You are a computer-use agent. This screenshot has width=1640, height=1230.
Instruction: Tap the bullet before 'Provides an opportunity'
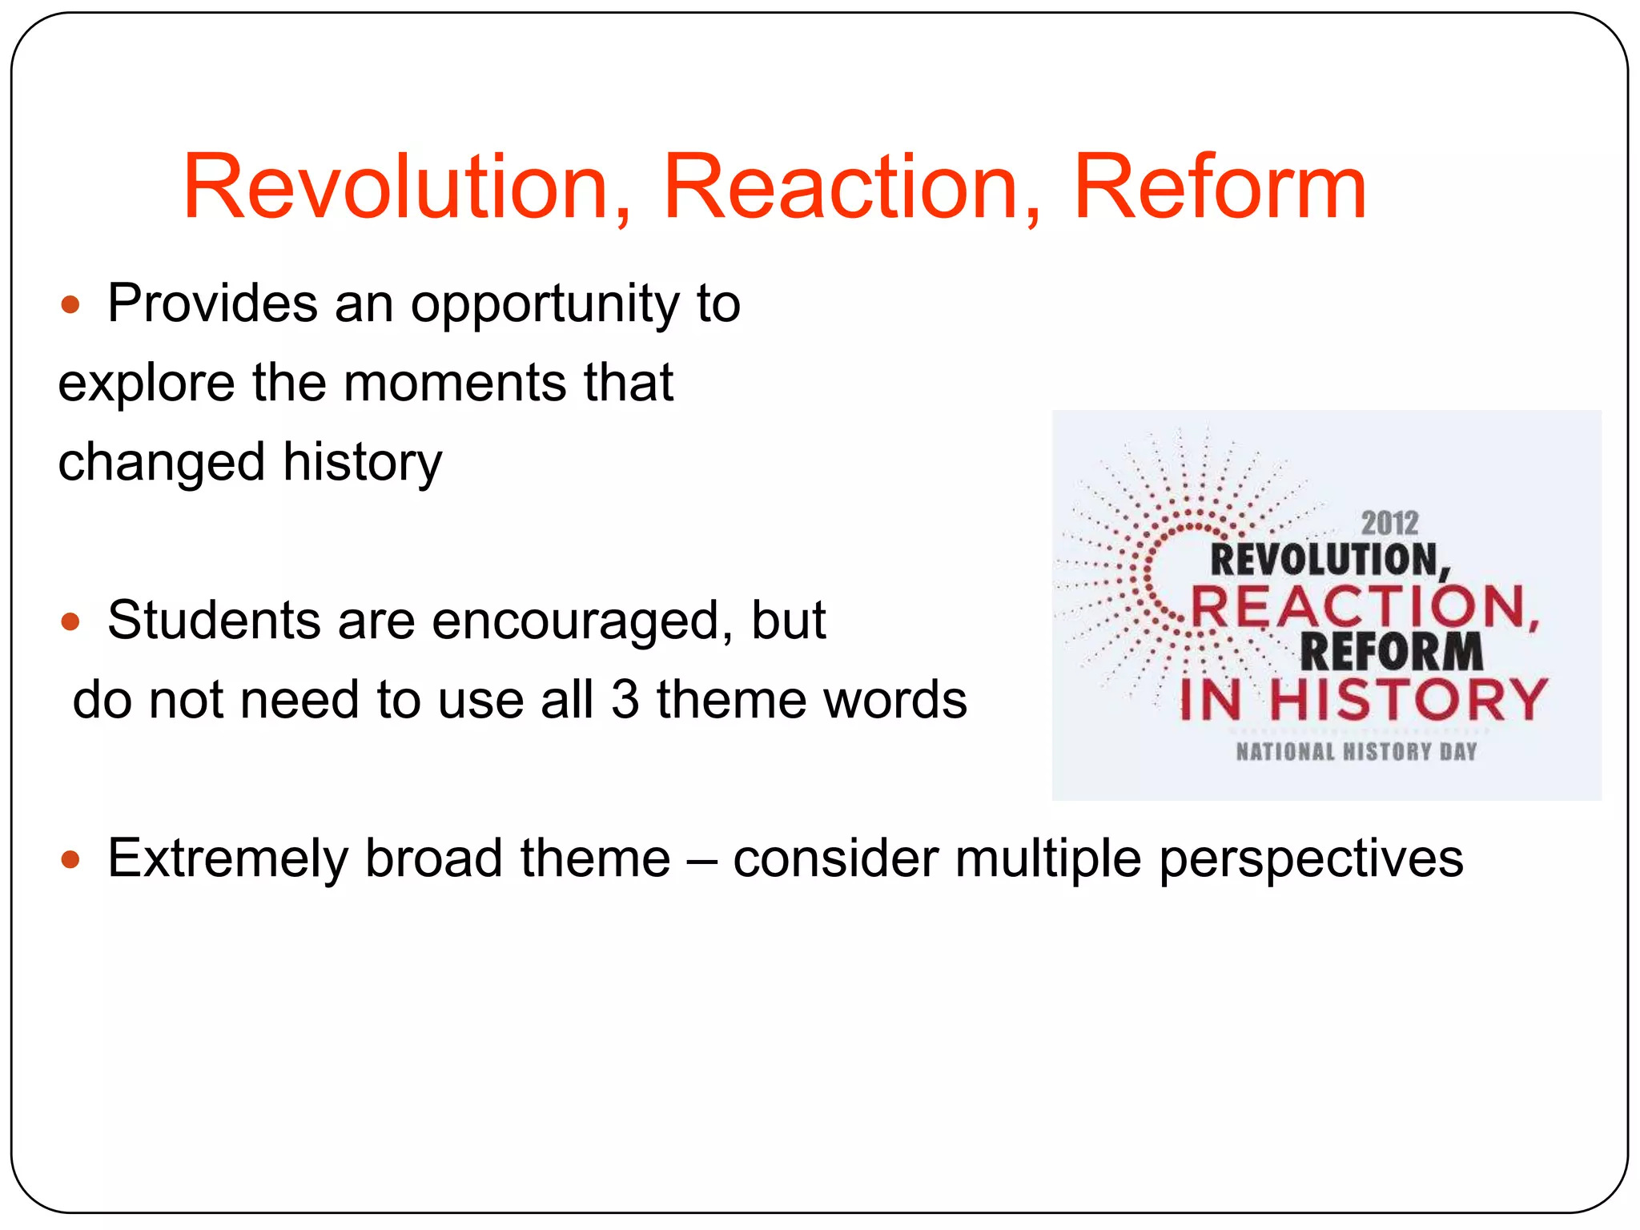(x=70, y=305)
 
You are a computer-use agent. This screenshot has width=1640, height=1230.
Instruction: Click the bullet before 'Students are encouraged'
(x=70, y=621)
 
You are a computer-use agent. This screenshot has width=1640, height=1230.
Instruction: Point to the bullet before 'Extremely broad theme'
(x=70, y=860)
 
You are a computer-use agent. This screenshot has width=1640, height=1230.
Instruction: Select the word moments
(x=455, y=383)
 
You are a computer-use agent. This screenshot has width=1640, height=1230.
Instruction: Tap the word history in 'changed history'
(x=362, y=463)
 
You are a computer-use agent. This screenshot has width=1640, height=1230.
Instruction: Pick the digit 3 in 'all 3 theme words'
(x=625, y=700)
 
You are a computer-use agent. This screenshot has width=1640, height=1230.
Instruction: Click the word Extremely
(x=227, y=858)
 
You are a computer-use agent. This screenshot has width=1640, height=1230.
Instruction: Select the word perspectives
(x=1310, y=860)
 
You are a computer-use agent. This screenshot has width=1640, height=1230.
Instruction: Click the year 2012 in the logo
(x=1389, y=524)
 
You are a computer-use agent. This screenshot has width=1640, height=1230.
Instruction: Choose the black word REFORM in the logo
(x=1391, y=652)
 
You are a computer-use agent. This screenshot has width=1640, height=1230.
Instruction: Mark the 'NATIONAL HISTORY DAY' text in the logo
(x=1356, y=752)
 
